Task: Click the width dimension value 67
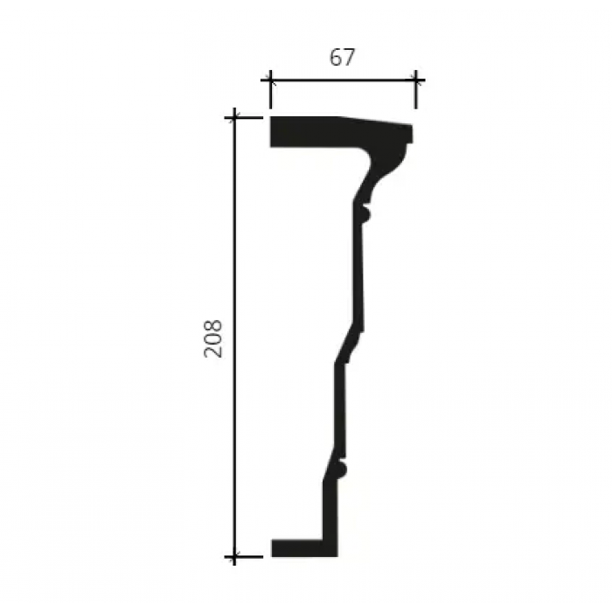point(343,57)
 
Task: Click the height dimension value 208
point(213,338)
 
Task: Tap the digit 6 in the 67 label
point(336,57)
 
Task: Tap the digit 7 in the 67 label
point(350,58)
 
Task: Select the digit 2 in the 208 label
point(213,351)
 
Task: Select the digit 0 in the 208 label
point(213,338)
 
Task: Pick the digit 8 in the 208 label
point(213,325)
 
